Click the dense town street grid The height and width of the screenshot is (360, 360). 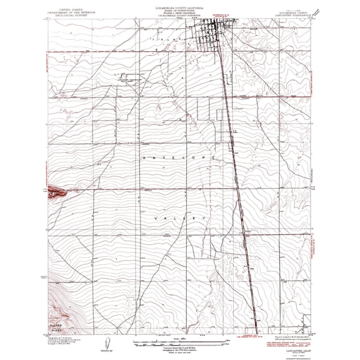point(214,37)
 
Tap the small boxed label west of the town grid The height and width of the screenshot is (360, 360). point(130,79)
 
